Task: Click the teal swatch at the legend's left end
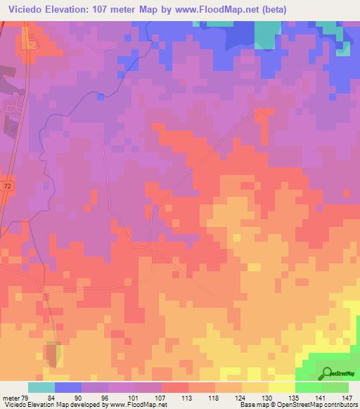[41, 387]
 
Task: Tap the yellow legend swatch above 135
[282, 387]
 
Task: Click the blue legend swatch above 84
[68, 387]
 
